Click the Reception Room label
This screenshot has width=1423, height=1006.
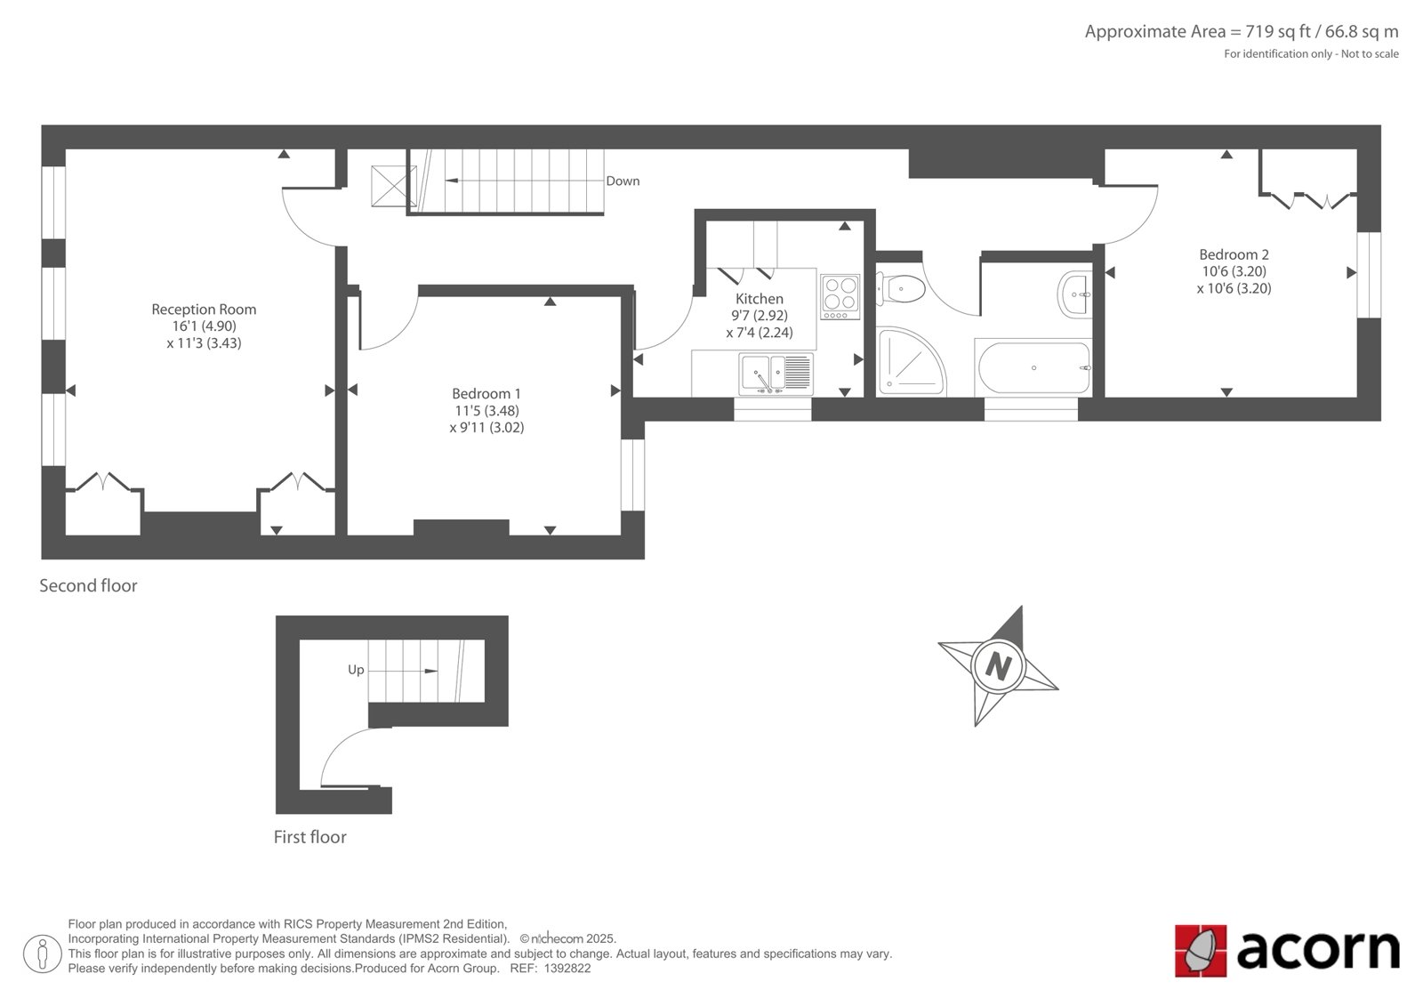[x=204, y=310]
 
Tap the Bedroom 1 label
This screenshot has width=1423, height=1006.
[x=486, y=394]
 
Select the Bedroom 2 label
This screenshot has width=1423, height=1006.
[x=1234, y=255]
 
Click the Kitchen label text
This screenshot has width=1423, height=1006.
[x=760, y=299]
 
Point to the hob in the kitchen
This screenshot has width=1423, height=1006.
[x=840, y=297]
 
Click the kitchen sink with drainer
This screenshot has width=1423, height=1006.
[x=776, y=374]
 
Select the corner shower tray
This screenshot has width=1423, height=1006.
[x=911, y=362]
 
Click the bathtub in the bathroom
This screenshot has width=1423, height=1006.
[x=1033, y=368]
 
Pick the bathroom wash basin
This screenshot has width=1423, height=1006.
[x=1075, y=294]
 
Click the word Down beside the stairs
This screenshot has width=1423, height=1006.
[x=623, y=181]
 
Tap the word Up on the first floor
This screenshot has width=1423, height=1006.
[x=356, y=670]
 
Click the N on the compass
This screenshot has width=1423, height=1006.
[x=998, y=666]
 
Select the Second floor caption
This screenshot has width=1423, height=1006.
[x=88, y=585]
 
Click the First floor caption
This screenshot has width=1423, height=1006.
[x=310, y=837]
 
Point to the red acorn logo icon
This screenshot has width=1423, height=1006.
[x=1201, y=951]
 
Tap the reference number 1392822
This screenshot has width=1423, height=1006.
[x=567, y=969]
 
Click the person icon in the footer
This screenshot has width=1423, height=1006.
[x=43, y=954]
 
